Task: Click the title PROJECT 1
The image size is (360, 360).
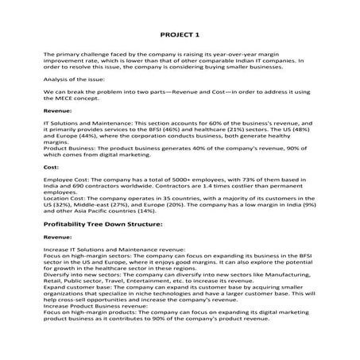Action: [180, 36]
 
